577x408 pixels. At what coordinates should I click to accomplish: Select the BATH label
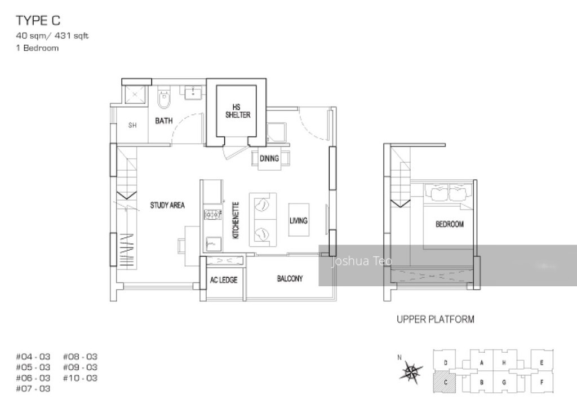click(x=164, y=121)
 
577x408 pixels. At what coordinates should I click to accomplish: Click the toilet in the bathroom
click(x=165, y=99)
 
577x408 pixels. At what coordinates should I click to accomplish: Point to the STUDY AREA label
click(x=167, y=205)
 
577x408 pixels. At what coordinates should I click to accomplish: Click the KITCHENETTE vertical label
click(x=237, y=220)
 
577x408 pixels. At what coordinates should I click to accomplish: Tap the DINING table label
click(x=269, y=158)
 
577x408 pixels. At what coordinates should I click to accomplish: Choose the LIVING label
click(x=298, y=220)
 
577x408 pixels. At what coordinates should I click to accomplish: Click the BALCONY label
click(x=290, y=278)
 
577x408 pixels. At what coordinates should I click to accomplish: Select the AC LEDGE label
click(x=224, y=280)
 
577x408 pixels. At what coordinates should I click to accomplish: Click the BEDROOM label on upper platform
click(x=449, y=224)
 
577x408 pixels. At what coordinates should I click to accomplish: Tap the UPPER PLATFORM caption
click(x=435, y=320)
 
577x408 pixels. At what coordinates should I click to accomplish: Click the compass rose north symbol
click(x=411, y=372)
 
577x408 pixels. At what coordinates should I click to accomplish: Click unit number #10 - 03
click(x=80, y=378)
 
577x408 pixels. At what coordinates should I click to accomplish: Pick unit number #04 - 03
click(x=33, y=356)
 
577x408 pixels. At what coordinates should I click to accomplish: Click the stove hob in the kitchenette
click(x=213, y=214)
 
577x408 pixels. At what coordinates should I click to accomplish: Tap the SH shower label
click(x=132, y=125)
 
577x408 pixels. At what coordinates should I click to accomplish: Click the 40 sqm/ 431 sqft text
click(x=52, y=36)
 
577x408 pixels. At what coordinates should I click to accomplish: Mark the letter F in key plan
click(x=541, y=382)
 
